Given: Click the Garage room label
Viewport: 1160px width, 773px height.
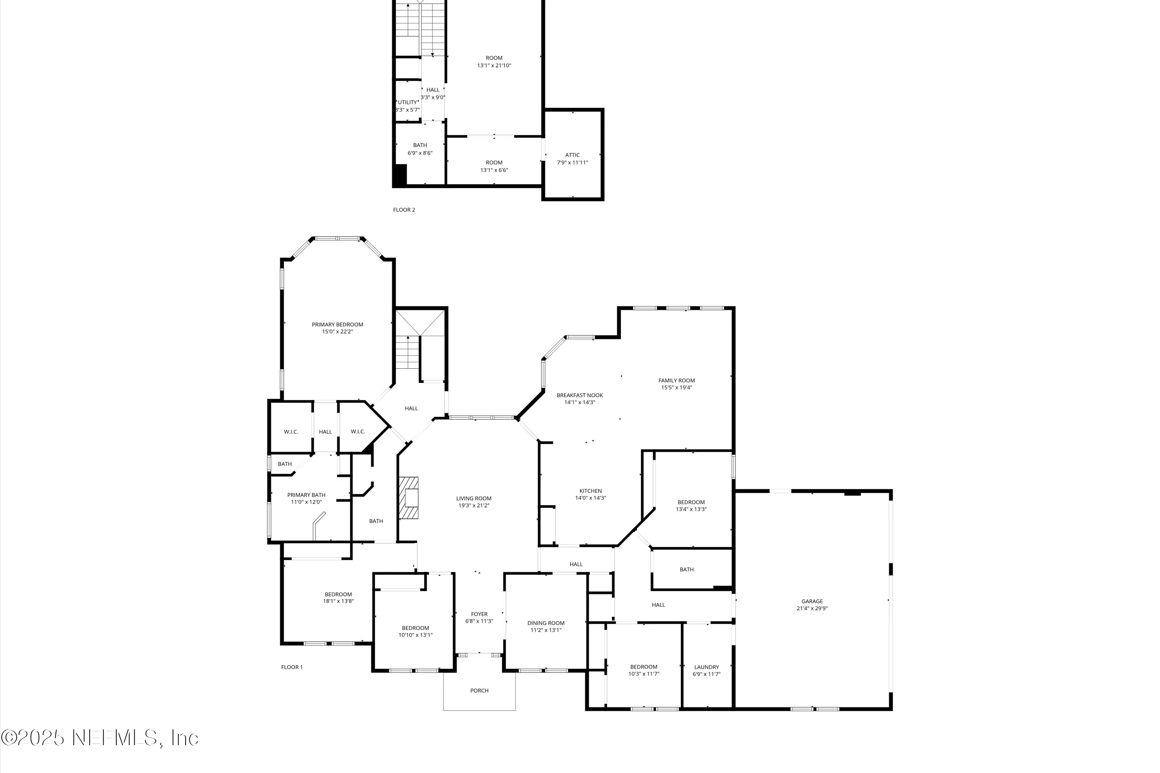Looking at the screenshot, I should click(x=812, y=601).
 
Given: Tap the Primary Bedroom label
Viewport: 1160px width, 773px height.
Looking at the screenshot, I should click(x=337, y=324).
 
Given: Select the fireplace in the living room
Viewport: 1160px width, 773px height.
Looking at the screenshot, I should click(x=409, y=498).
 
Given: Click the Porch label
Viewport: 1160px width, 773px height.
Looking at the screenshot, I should click(x=479, y=691).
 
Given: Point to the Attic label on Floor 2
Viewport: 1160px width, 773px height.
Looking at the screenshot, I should click(x=572, y=155).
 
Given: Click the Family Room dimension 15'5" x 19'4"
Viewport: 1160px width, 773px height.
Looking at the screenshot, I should click(x=676, y=388).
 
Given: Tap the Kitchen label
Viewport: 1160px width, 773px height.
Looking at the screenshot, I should click(x=590, y=490).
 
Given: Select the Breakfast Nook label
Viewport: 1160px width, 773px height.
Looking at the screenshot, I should click(x=580, y=395).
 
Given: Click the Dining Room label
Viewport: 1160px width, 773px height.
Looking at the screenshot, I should click(x=546, y=623).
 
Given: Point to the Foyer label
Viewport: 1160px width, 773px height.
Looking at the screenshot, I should click(x=479, y=614).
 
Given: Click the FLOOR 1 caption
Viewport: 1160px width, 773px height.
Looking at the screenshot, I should click(x=292, y=667).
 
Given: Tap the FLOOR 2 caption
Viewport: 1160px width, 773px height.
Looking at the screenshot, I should click(x=404, y=209).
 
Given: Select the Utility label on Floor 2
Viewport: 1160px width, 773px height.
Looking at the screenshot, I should click(x=408, y=102).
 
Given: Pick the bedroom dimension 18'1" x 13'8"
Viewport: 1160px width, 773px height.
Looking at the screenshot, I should click(x=338, y=601).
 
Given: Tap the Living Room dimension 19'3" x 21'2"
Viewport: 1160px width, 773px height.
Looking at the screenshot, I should click(x=473, y=505).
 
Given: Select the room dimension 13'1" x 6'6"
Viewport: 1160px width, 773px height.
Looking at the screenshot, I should click(x=494, y=170).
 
